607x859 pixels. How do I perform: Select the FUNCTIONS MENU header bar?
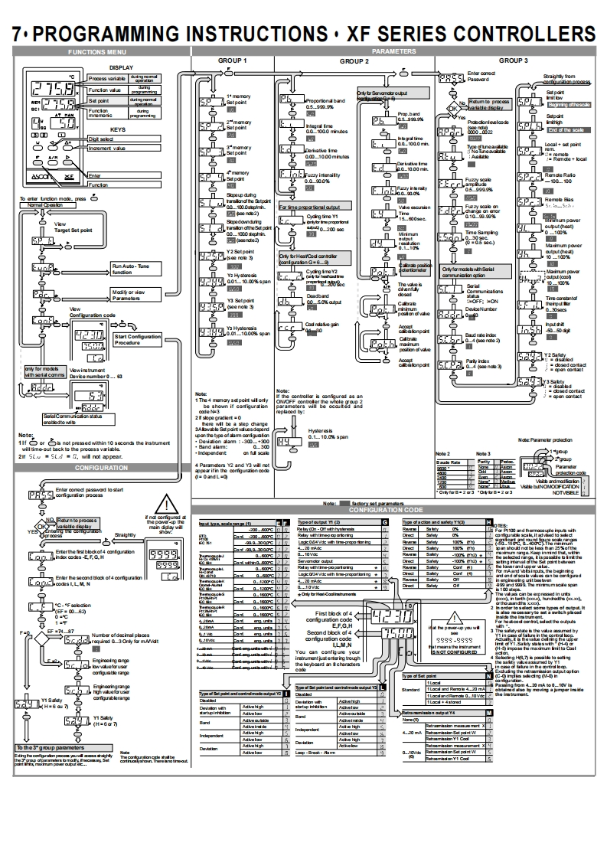coord(96,52)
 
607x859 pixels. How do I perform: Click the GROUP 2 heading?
coord(354,60)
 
